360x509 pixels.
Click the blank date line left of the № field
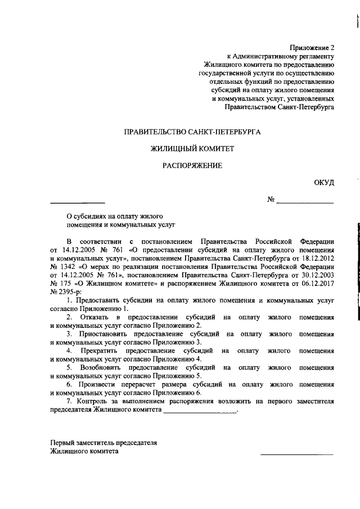tap(78, 201)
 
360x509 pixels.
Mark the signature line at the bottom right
tap(296, 453)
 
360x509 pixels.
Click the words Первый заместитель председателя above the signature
tap(103, 443)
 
